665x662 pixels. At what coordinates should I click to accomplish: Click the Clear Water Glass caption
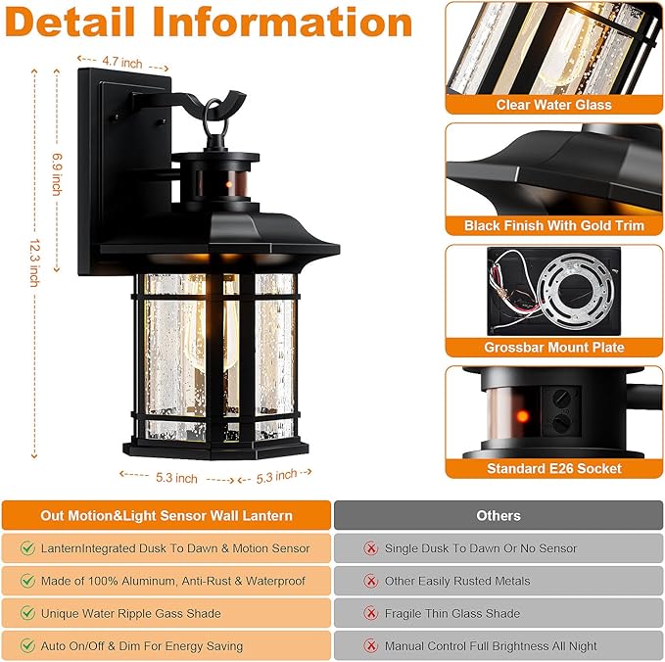[553, 105]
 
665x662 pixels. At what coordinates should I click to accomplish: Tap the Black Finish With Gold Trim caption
[553, 226]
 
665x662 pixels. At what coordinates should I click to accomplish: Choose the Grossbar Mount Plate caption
[553, 348]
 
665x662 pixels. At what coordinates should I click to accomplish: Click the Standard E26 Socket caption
[553, 469]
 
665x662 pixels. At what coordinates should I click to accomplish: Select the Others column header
[499, 515]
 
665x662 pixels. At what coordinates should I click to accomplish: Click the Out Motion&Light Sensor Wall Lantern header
[166, 515]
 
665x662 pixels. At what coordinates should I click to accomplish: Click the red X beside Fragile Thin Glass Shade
[370, 613]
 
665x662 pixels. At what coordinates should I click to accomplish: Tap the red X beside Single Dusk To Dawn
[370, 548]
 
